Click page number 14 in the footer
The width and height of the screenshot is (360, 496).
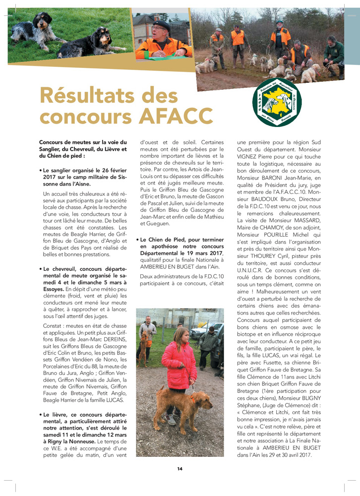pos(180,468)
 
